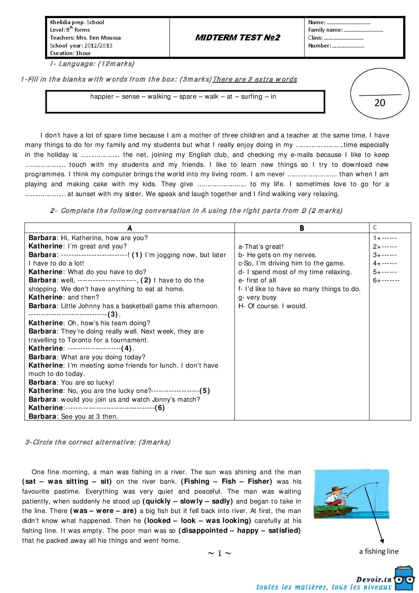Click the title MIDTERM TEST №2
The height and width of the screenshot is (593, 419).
tap(238, 38)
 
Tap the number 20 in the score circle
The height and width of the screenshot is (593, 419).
tap(379, 103)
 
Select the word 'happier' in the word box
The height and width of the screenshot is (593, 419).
tap(102, 97)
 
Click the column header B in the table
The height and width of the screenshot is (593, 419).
tap(302, 228)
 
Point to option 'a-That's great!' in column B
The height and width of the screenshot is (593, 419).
tap(261, 246)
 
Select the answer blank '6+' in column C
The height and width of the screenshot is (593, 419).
tap(386, 280)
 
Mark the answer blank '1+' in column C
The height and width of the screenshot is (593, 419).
tap(385, 238)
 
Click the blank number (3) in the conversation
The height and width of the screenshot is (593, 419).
tap(113, 315)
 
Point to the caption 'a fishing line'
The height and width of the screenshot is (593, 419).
tap(379, 551)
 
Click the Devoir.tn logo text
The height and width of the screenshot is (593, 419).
tap(373, 579)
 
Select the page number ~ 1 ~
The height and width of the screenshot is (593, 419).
tap(219, 553)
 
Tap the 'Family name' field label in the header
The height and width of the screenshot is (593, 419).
tap(325, 30)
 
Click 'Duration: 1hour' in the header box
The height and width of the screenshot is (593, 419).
tap(70, 53)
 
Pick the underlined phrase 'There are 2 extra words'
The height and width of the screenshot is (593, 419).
tap(255, 79)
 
